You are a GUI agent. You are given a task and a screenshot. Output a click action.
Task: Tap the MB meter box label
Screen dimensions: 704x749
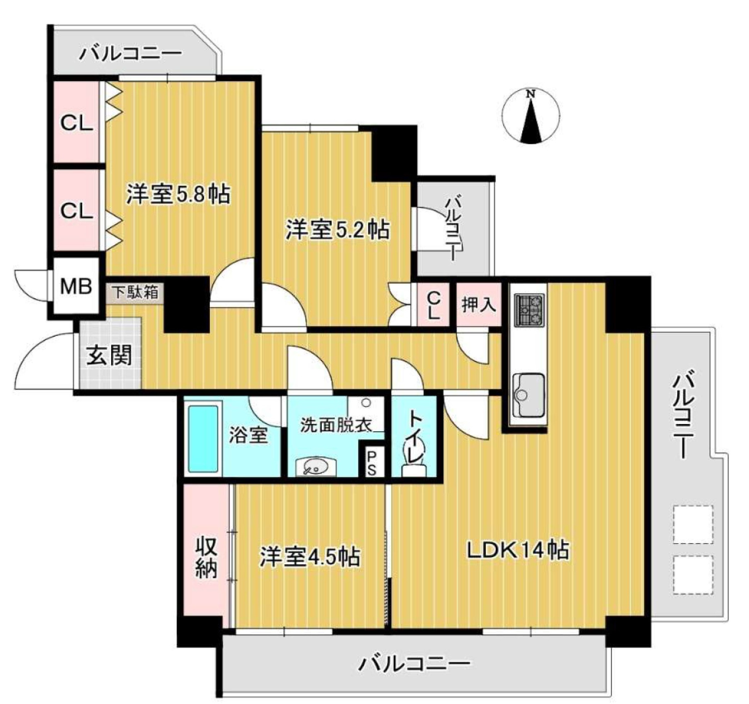click(76, 287)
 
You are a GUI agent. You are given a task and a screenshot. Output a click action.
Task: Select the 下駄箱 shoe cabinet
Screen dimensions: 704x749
click(136, 293)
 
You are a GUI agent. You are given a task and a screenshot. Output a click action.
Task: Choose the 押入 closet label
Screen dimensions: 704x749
click(479, 305)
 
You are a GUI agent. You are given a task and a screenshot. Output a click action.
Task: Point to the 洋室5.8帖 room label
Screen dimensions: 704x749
click(178, 194)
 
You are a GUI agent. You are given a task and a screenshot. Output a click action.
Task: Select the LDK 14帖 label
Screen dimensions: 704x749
click(518, 551)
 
